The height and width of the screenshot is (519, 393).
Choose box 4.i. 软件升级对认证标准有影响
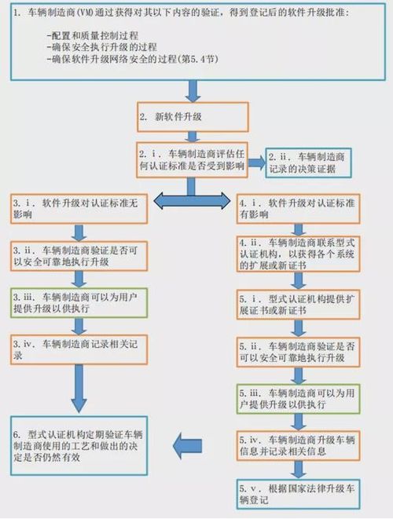(299, 209)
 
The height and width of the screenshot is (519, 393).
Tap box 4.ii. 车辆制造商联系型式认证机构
(299, 253)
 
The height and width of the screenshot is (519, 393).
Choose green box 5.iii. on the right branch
(299, 397)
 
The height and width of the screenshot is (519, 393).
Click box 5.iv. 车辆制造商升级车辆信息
(299, 444)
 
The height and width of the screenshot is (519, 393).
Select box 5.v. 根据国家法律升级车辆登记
(299, 492)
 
